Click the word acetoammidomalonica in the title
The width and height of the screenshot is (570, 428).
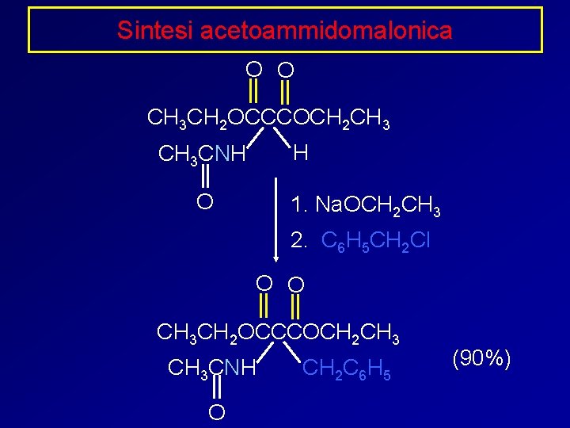326,30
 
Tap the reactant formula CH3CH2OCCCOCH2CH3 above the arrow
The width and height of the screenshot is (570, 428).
268,120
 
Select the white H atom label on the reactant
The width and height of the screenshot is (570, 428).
300,151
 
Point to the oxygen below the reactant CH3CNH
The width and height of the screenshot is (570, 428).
204,201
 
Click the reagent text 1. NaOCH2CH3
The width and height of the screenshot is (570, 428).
365,206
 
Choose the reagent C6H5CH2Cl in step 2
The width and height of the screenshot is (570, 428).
376,241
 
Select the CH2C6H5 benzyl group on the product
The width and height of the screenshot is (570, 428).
347,369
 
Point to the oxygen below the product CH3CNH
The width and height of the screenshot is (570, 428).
215,412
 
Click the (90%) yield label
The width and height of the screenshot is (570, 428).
481,358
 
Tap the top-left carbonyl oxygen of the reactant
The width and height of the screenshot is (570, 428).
253,68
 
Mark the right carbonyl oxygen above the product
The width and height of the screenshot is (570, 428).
296,283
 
